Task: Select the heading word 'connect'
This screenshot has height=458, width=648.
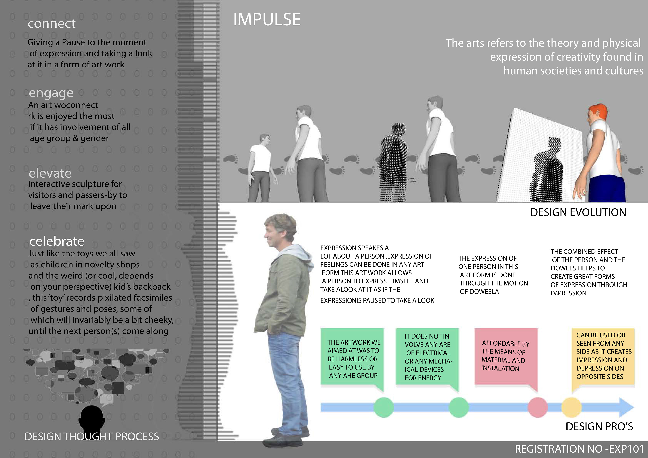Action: click(52, 23)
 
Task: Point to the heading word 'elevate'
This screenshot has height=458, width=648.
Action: click(50, 173)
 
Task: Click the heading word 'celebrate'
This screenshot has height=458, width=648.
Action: click(57, 241)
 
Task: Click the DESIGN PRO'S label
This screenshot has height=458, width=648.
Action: click(599, 426)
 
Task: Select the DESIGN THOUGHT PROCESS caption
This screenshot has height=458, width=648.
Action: click(92, 437)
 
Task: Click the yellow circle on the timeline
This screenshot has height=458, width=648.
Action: click(571, 407)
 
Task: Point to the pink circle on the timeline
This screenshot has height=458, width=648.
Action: click(538, 407)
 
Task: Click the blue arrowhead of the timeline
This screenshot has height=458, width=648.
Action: click(627, 407)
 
